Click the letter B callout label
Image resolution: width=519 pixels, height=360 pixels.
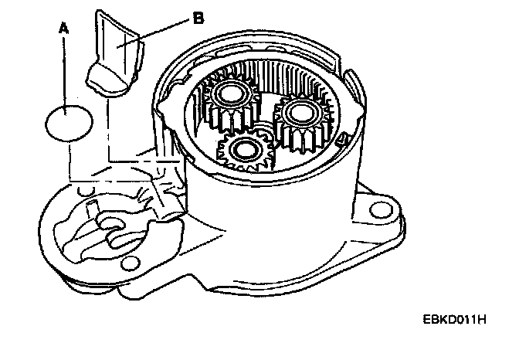coord(198,19)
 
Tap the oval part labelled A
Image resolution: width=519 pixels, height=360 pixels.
coord(70,122)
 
